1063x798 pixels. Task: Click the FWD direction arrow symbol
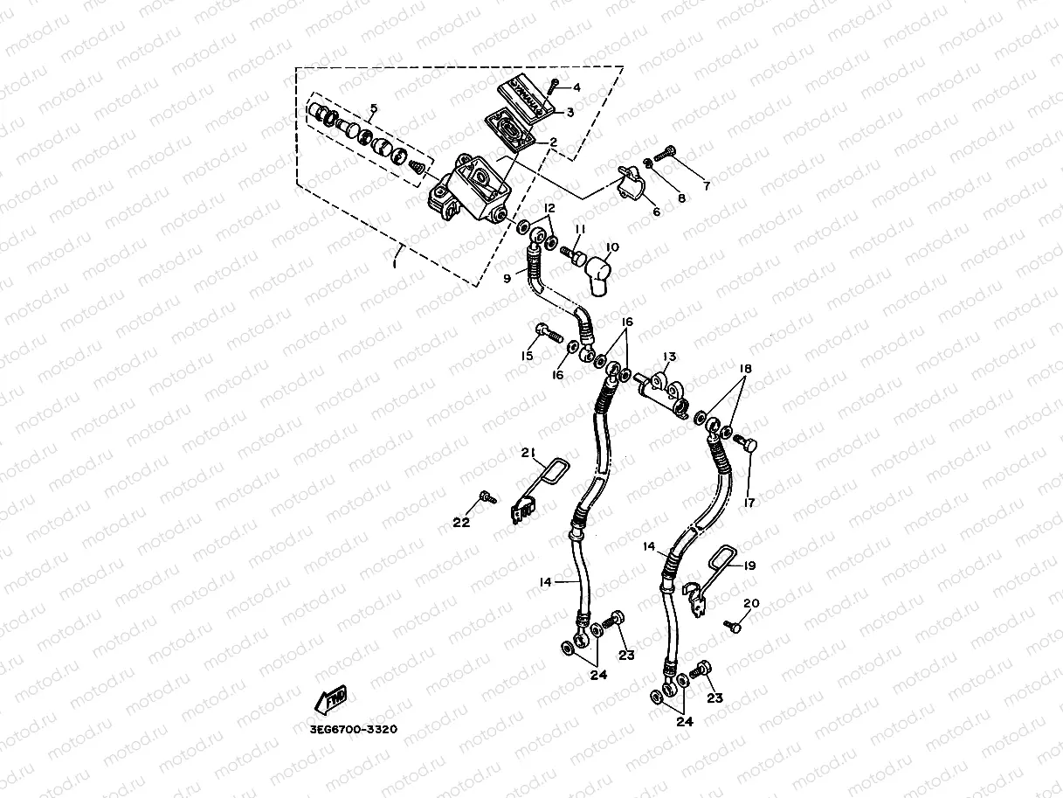[x=331, y=700]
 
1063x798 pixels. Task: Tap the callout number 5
[x=373, y=109]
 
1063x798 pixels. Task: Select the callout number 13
[x=669, y=356]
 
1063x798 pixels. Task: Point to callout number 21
[x=528, y=452]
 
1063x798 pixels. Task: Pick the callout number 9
[x=507, y=279]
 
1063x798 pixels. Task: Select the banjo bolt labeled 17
[x=745, y=443]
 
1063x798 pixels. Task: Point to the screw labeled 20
[x=733, y=626]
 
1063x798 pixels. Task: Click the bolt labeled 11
[x=574, y=254]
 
